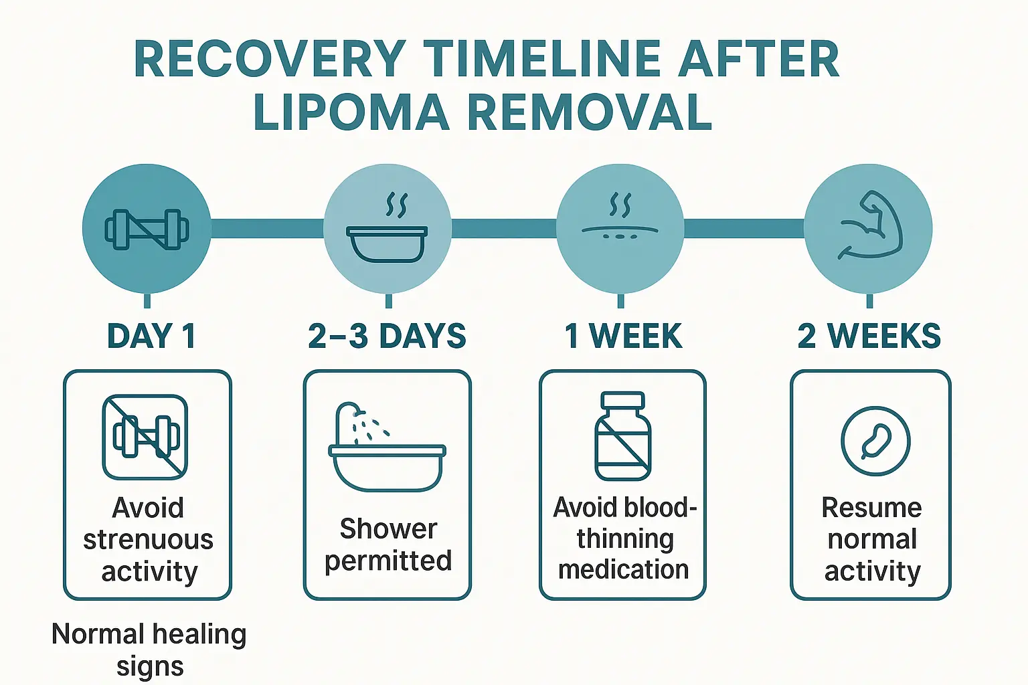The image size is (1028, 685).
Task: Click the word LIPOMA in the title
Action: (351, 112)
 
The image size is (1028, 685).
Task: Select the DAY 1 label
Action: (151, 336)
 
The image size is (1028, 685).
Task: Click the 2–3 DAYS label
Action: (387, 336)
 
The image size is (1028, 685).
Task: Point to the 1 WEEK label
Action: (623, 336)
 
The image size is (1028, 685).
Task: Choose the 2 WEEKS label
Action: (869, 336)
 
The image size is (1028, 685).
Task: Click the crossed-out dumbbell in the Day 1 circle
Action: (147, 229)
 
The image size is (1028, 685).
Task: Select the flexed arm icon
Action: (869, 227)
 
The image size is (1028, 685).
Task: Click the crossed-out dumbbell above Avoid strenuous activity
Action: (145, 437)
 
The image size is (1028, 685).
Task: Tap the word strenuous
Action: (148, 540)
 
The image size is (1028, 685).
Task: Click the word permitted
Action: (388, 561)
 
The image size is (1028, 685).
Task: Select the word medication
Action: (623, 570)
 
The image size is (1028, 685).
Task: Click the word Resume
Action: (871, 508)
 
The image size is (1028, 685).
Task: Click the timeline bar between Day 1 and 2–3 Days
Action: (267, 229)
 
